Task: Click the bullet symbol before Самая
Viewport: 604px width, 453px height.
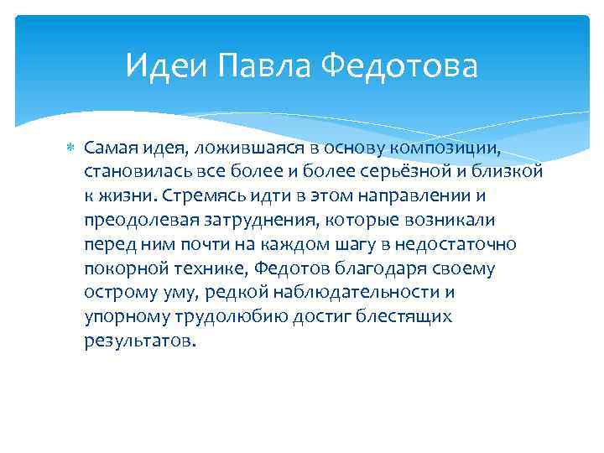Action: click(x=71, y=148)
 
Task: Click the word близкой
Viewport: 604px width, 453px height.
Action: click(x=509, y=171)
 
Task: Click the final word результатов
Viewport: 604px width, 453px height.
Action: click(x=138, y=341)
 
